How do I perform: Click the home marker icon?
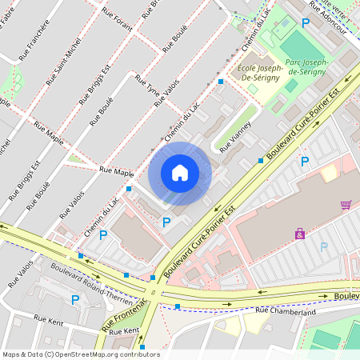pos(180,173)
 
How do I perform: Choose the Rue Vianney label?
pos(236,136)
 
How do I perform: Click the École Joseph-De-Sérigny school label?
pos(258,76)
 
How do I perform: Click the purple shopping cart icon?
pos(346,205)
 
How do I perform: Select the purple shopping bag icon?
pos(300,234)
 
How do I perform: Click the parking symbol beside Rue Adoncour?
pos(305,24)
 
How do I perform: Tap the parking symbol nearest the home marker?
pos(166,222)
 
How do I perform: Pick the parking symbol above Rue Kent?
pos(75,300)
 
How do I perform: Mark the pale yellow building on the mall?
pos(329,173)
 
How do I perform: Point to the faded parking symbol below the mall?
pos(324,247)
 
